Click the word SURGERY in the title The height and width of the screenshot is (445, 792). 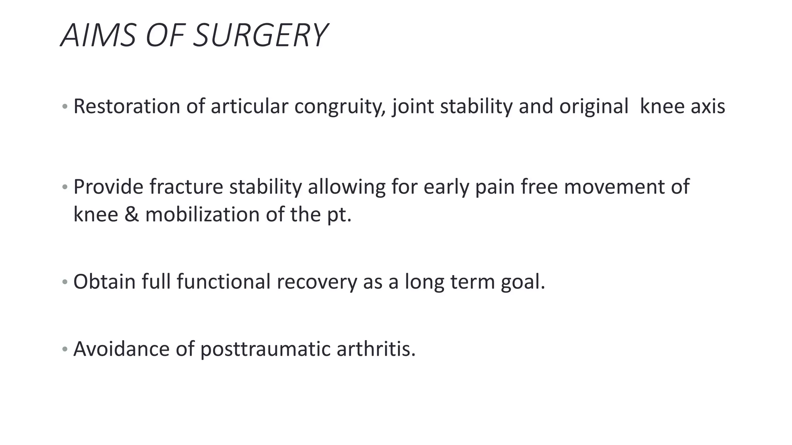tap(260, 36)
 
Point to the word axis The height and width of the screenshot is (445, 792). tap(707, 106)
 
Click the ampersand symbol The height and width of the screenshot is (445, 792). tap(131, 214)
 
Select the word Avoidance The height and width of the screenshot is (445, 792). tap(121, 349)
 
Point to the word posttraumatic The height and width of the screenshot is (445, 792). tap(265, 350)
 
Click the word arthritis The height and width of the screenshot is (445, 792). tap(376, 349)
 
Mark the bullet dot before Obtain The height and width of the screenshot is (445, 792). tap(65, 282)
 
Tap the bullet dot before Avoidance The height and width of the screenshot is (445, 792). tap(65, 350)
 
